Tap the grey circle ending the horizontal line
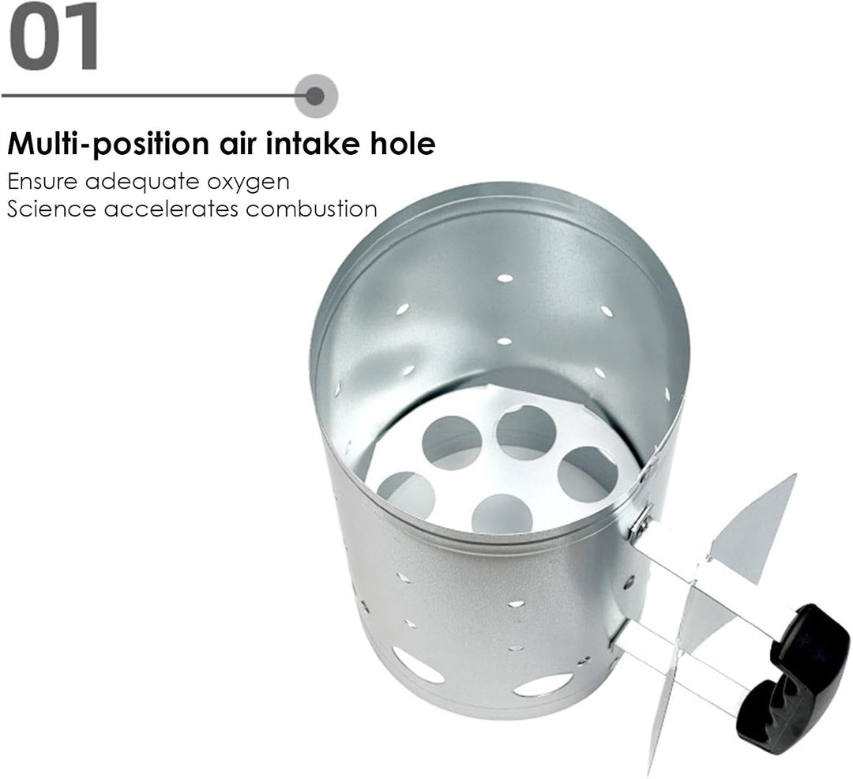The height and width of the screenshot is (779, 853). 316,96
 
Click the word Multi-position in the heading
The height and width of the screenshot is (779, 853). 108,145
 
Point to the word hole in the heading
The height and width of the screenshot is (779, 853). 403,144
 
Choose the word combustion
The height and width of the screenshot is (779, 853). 311,209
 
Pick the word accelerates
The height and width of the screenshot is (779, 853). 171,209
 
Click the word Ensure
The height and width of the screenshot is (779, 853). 43,181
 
